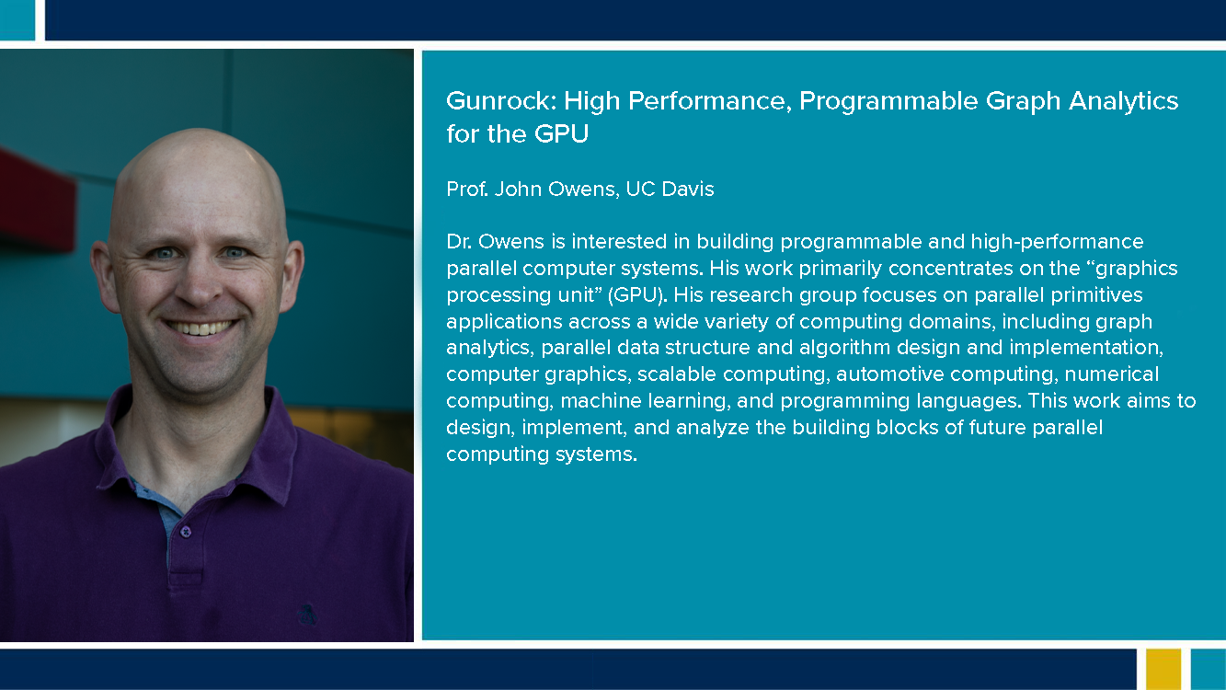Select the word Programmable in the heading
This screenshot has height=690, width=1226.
click(888, 102)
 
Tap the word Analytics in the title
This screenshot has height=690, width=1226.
click(1124, 102)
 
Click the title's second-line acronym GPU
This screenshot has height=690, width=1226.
click(561, 133)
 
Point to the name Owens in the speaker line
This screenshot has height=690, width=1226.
click(583, 190)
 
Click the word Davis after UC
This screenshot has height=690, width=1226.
click(688, 189)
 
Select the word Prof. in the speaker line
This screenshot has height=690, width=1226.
click(467, 189)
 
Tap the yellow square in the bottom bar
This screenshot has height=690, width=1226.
click(1163, 669)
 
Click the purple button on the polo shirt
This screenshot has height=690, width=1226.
click(186, 532)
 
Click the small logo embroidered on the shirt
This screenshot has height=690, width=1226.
click(307, 615)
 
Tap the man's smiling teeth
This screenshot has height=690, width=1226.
click(200, 328)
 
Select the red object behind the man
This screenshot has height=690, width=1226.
click(37, 201)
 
